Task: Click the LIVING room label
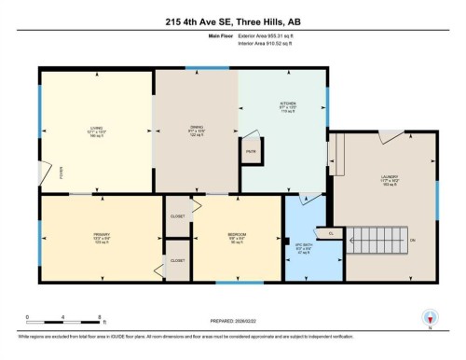tap(94, 132)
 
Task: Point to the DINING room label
tap(196, 132)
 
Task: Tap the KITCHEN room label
tap(287, 107)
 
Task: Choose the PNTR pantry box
tap(251, 151)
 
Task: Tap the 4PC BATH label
tap(301, 249)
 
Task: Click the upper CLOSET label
tap(177, 216)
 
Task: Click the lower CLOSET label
tap(177, 261)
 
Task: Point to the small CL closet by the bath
tap(330, 232)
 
